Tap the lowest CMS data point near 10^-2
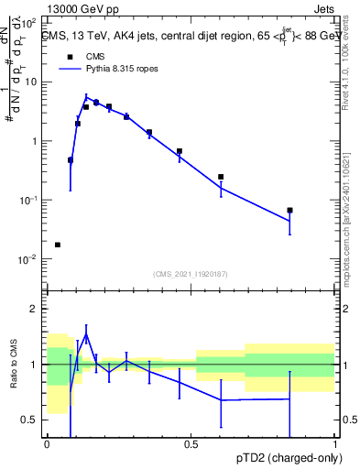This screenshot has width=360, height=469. coord(58,245)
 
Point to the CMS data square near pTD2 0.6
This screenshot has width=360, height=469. coord(221,177)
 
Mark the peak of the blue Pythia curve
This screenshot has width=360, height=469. coord(86,97)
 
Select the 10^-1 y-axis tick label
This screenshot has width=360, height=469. coord(29,201)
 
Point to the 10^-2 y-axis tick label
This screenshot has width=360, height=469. coord(29,259)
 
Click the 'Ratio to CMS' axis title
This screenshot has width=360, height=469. coord(13,364)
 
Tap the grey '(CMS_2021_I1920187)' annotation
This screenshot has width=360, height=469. coord(190,274)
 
